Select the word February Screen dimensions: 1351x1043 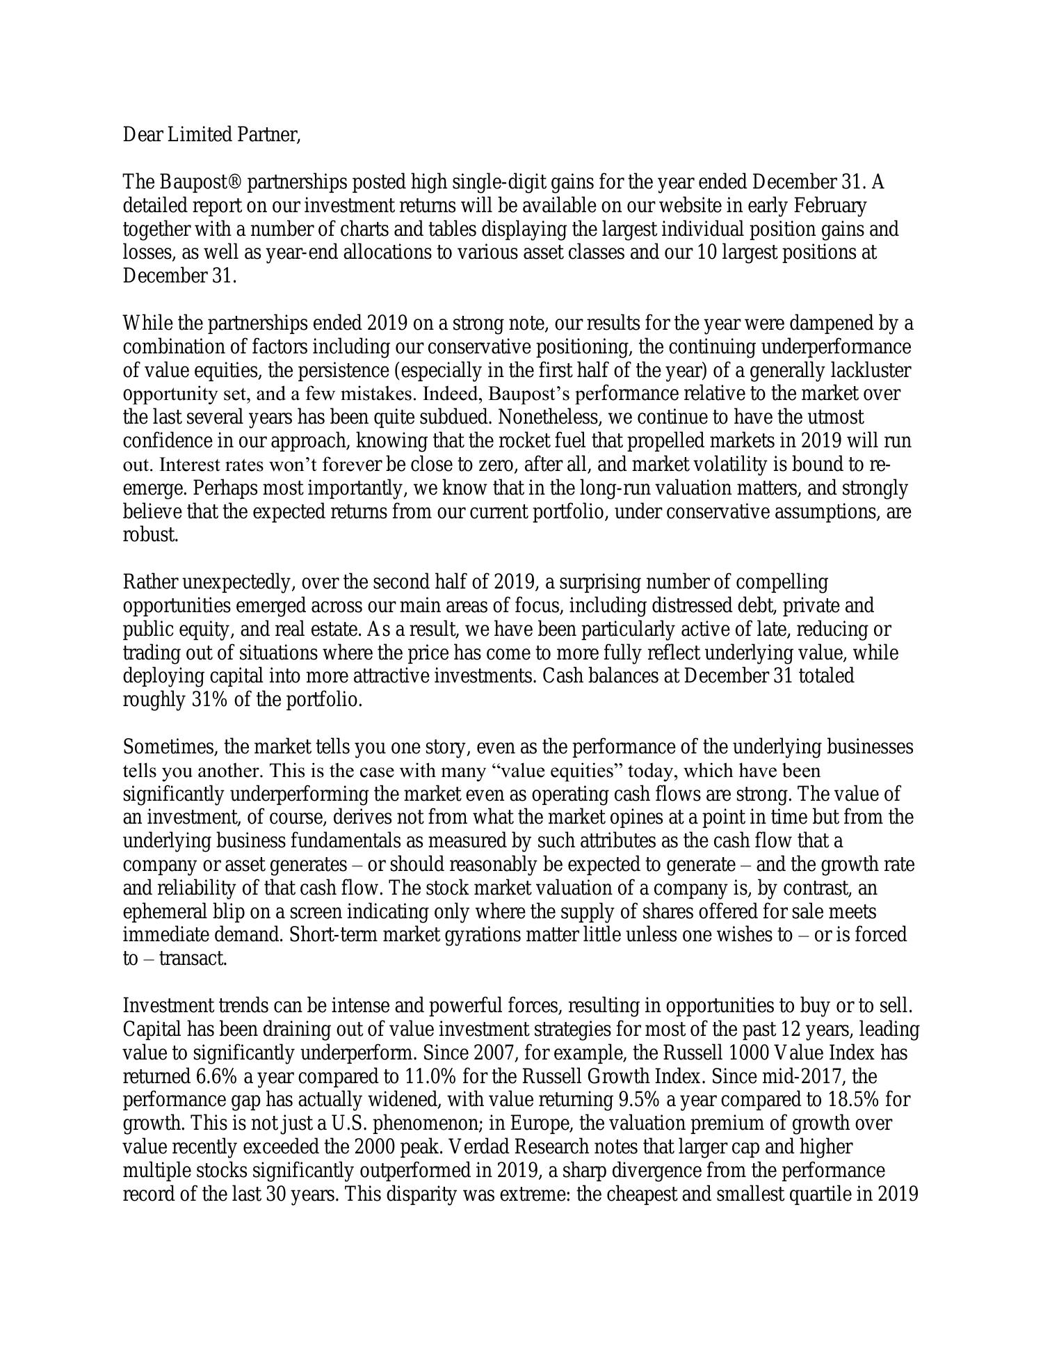830,206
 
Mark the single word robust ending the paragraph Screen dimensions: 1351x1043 150,536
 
